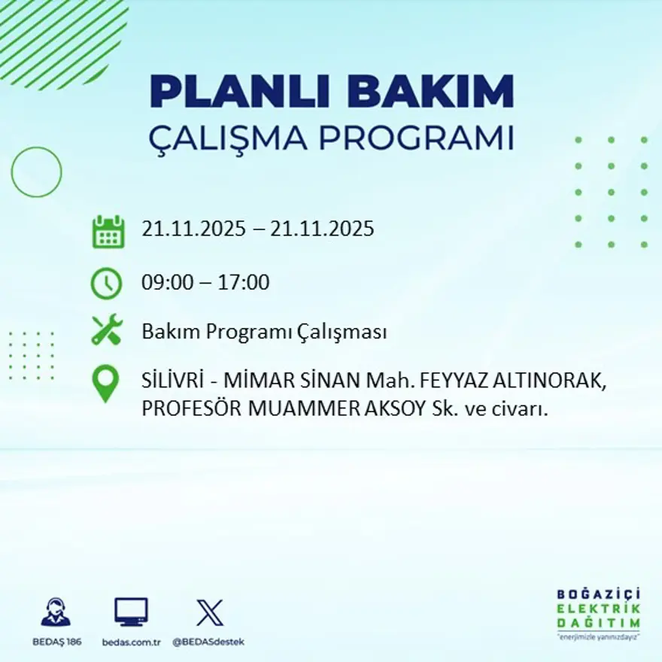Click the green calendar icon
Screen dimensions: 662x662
108,232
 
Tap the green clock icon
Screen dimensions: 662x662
106,284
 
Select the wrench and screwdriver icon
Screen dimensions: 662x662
106,330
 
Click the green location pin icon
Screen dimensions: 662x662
106,383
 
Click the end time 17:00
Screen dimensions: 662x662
244,283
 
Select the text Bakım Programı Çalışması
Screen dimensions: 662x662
264,332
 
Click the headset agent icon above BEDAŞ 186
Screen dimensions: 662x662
55,612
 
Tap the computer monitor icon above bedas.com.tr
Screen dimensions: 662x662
131,612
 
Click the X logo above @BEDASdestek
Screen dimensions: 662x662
209,612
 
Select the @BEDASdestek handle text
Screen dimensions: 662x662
208,642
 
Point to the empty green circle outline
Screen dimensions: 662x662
36,172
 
